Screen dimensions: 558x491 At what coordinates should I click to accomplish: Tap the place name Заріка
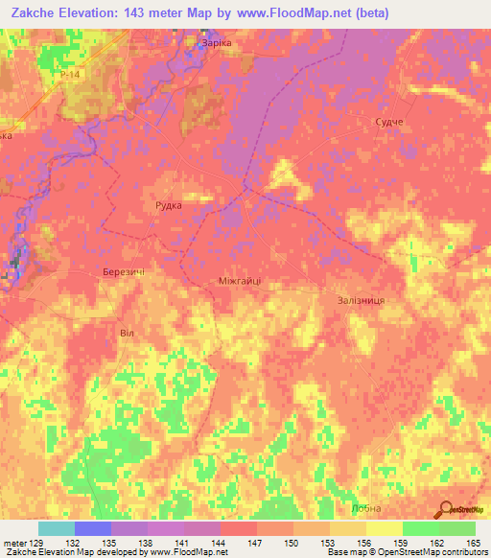(216, 43)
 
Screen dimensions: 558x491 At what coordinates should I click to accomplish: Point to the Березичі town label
(124, 273)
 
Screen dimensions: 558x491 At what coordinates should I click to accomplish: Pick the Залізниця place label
(361, 300)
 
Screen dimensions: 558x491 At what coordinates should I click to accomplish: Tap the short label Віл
(127, 333)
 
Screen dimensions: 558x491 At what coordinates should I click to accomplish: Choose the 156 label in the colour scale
(364, 542)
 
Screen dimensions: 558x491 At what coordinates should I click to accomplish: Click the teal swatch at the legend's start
(56, 528)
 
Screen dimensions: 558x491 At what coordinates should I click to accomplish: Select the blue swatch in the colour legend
(92, 528)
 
